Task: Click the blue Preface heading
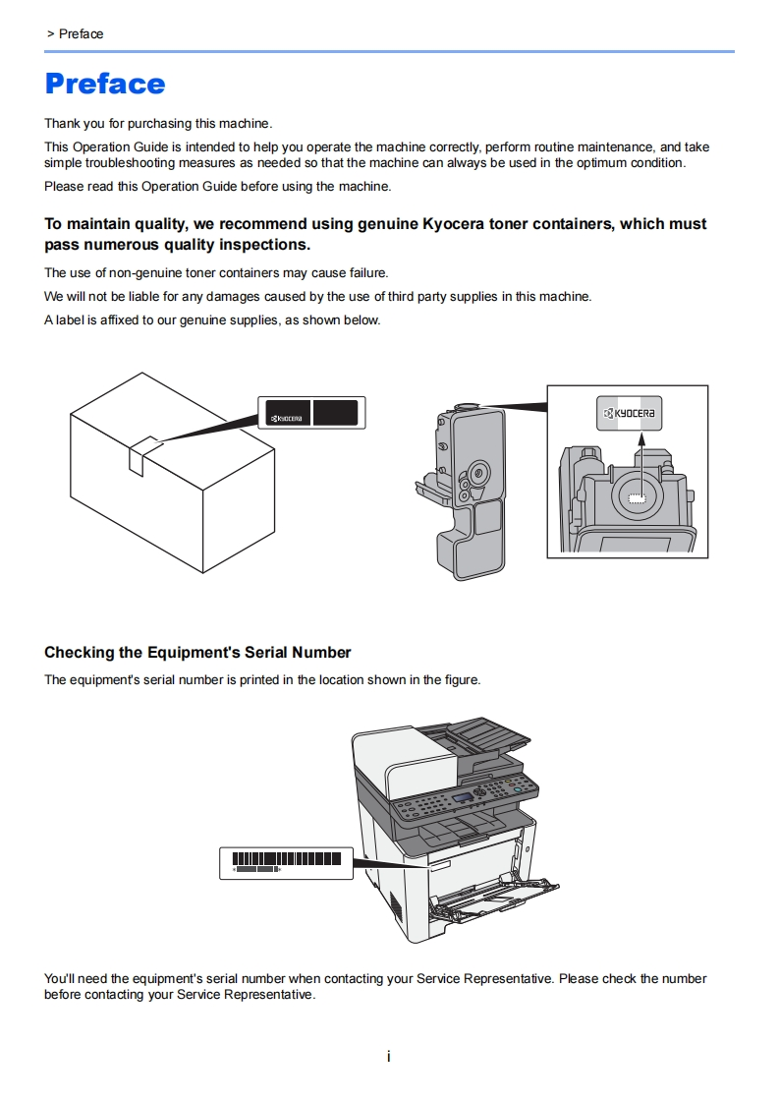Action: (x=105, y=84)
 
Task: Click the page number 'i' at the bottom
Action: (x=389, y=1057)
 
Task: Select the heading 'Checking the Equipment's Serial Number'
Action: (x=197, y=653)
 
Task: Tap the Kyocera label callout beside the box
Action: (x=311, y=413)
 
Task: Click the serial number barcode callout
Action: (x=286, y=861)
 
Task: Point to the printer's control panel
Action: (x=467, y=796)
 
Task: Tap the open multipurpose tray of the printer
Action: (x=501, y=895)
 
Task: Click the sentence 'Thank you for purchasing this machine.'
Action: (x=158, y=124)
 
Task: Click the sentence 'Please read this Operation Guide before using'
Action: (x=218, y=187)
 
